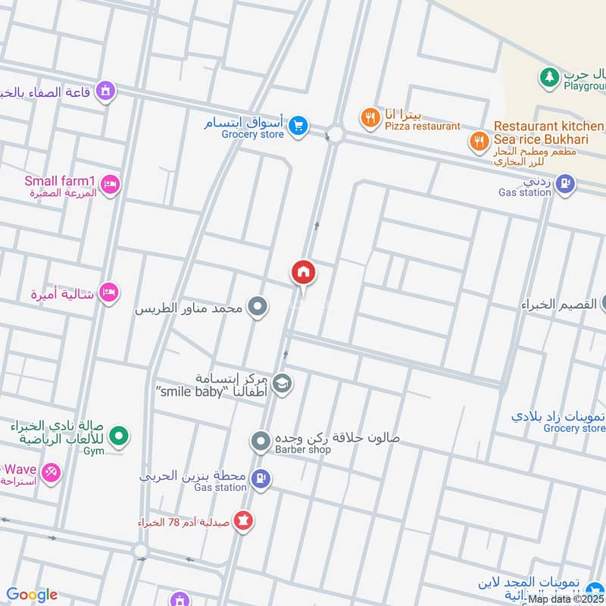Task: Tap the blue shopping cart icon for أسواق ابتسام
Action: point(298,126)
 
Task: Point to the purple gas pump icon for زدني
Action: point(564,183)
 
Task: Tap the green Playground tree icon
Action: point(548,77)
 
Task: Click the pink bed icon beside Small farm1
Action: point(111,185)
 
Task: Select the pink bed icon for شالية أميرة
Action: point(110,292)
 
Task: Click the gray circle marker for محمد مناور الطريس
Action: point(258,307)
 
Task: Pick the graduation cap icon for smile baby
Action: point(282,384)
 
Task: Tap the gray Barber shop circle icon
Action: point(261,440)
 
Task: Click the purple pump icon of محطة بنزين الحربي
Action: point(261,478)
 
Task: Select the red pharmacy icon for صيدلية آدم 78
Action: point(244,520)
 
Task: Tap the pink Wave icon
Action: point(50,473)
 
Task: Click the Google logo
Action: point(32,595)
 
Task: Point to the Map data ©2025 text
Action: point(566,599)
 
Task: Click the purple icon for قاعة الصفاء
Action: point(107,92)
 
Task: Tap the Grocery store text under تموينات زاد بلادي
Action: point(574,428)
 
